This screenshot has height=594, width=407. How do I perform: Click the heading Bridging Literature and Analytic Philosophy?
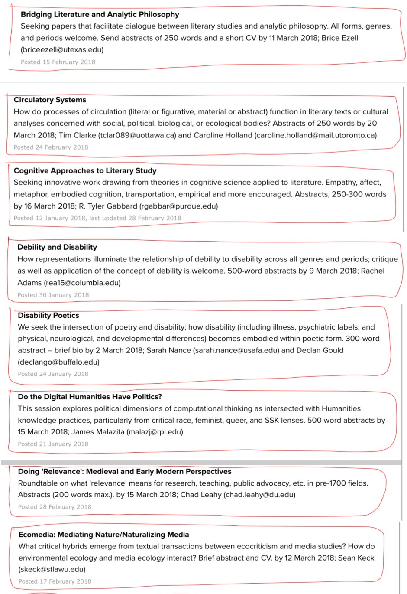click(x=100, y=14)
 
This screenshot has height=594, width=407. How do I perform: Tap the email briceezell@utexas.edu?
click(x=62, y=50)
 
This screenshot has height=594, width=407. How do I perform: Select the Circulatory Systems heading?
click(x=50, y=100)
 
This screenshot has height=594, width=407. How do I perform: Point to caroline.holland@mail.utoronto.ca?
click(x=316, y=135)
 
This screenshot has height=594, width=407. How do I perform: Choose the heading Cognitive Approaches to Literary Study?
click(x=85, y=171)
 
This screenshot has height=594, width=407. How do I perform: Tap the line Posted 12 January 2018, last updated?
click(x=97, y=218)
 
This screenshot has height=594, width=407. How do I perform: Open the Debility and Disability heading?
click(x=57, y=247)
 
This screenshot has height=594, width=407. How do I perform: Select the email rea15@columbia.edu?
click(x=82, y=283)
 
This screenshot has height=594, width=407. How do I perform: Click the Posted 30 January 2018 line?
click(x=53, y=295)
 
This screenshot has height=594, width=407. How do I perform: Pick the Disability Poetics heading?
click(x=48, y=316)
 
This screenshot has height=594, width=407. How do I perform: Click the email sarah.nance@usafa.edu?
click(x=236, y=350)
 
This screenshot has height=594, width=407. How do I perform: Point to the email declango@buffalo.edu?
click(x=58, y=362)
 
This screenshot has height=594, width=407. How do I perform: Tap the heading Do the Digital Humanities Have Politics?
click(x=90, y=397)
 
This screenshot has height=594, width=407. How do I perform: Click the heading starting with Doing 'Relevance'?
click(x=124, y=472)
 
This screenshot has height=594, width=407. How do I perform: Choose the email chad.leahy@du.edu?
click(x=259, y=495)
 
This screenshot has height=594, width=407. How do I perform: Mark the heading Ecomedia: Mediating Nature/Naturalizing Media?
click(x=103, y=535)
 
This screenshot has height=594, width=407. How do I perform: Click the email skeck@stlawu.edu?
click(x=52, y=569)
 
